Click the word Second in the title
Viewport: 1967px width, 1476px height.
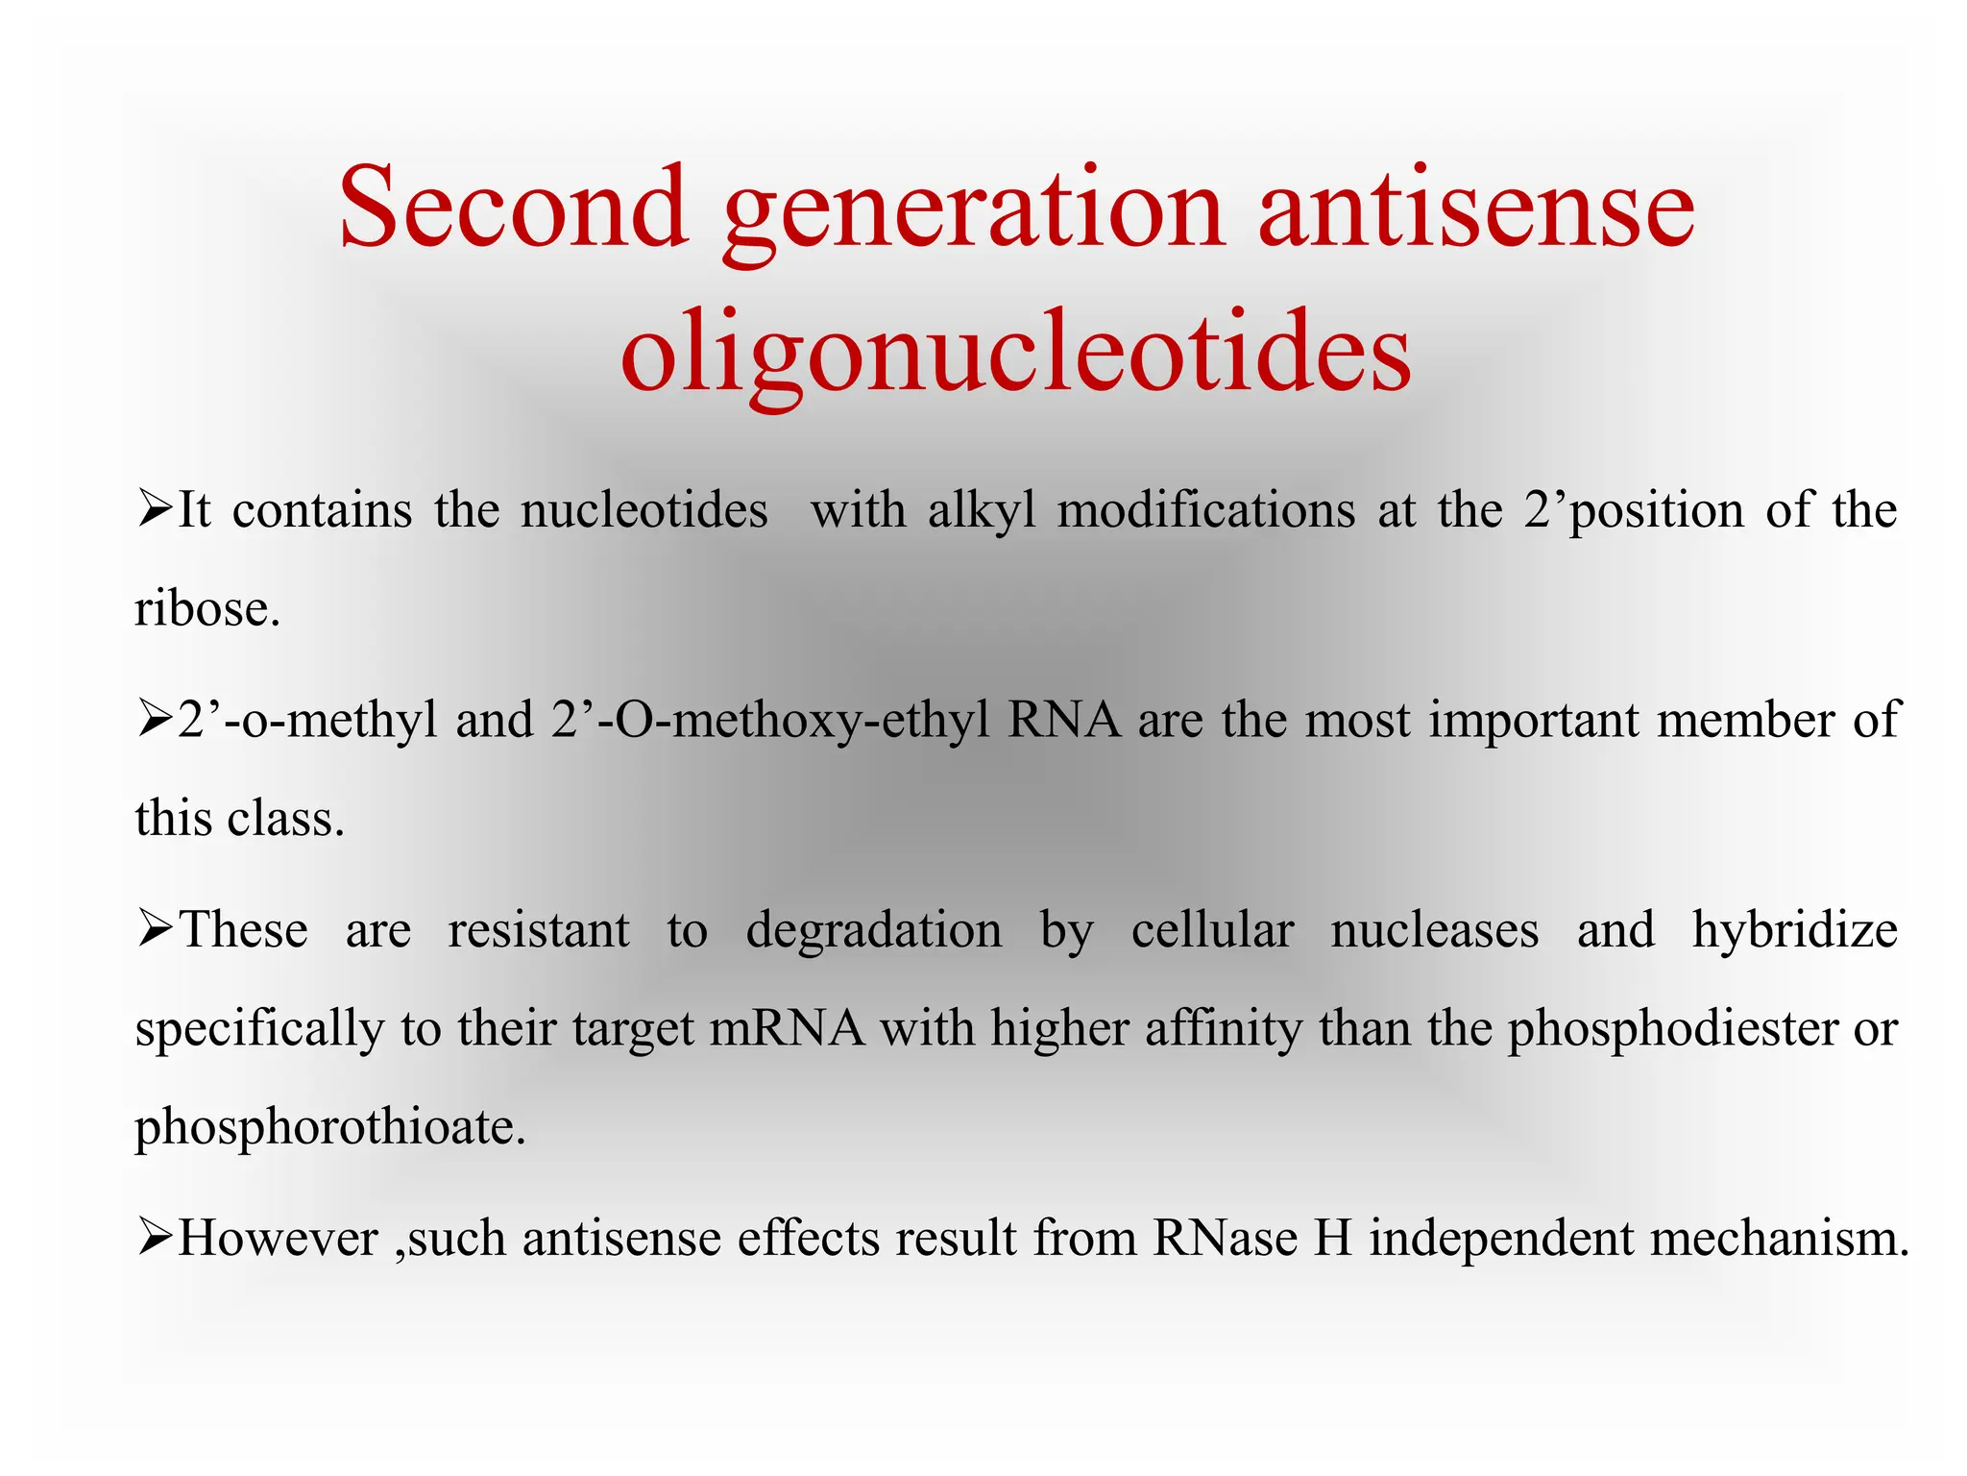[x=513, y=208]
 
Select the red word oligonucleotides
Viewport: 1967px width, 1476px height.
[x=1016, y=352]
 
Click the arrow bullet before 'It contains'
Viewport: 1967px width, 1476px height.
[x=154, y=508]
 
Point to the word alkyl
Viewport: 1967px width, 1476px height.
[x=982, y=510]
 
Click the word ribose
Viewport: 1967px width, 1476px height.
[x=206, y=609]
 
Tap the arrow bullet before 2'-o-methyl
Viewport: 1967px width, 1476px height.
[x=154, y=719]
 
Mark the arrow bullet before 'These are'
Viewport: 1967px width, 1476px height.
[x=154, y=929]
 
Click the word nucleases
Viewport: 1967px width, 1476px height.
[x=1434, y=930]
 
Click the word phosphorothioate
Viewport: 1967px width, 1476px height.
[x=329, y=1128]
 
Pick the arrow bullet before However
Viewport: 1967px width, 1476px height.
[x=154, y=1237]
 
